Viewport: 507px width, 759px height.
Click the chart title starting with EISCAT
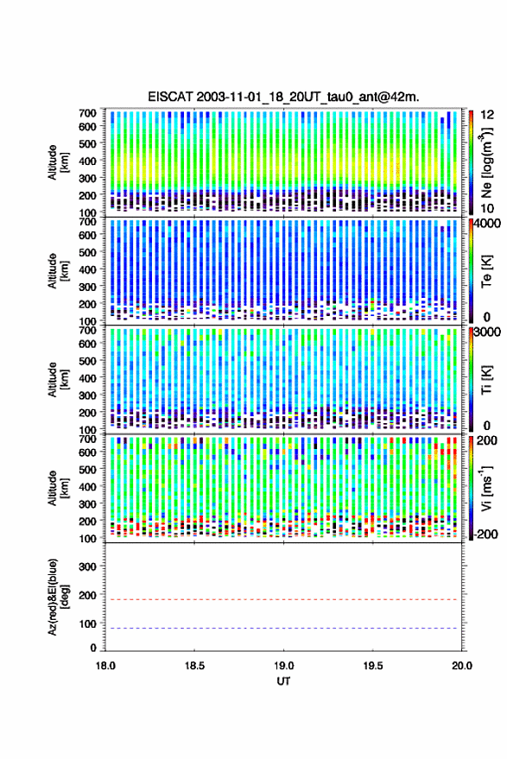click(x=283, y=97)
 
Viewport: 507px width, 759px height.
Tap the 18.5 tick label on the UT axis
click(x=194, y=666)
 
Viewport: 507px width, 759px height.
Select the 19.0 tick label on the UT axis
click(x=284, y=666)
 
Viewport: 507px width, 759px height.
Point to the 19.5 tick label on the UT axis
click(x=373, y=666)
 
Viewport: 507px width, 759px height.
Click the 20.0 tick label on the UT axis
click(x=462, y=666)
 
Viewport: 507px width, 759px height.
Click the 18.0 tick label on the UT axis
click(x=105, y=666)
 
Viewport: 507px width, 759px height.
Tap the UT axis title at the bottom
click(x=284, y=681)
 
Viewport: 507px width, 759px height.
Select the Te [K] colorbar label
click(x=486, y=271)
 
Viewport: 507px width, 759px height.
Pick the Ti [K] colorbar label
click(x=486, y=380)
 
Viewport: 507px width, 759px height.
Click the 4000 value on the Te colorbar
click(x=487, y=225)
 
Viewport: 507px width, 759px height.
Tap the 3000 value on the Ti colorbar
click(x=487, y=332)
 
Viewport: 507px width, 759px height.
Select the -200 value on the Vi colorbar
click(x=486, y=534)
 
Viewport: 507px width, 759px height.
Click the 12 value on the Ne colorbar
click(x=487, y=115)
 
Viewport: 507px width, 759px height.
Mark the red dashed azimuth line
click(x=284, y=599)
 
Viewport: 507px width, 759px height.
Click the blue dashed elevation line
click(x=284, y=629)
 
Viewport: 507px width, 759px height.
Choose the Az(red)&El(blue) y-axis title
click(x=58, y=597)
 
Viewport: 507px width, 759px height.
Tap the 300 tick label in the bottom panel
click(x=87, y=566)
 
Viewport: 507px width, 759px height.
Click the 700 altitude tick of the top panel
click(x=87, y=113)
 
